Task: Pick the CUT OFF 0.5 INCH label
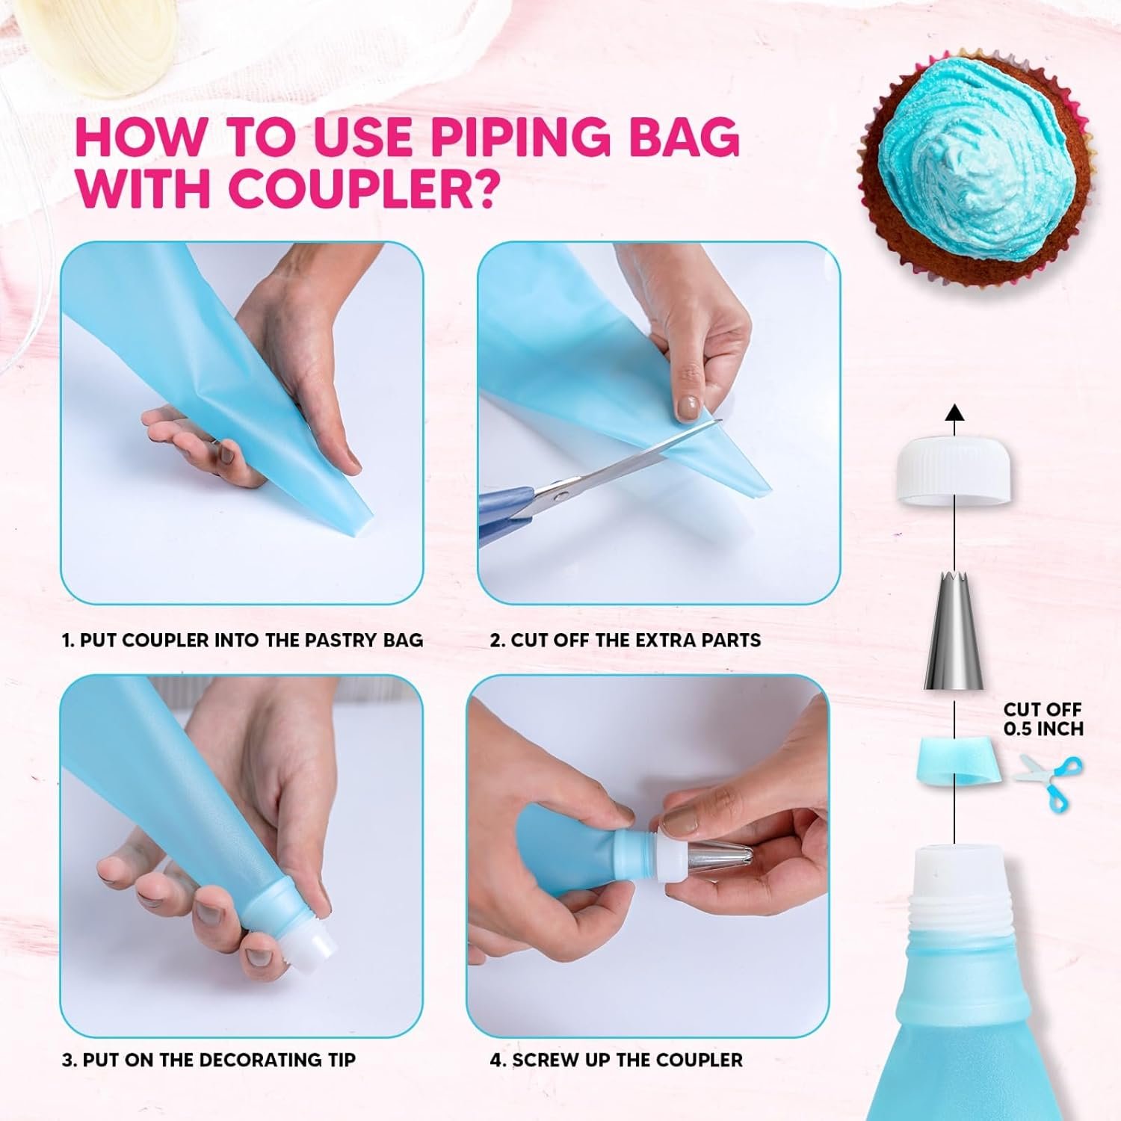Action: point(1043,719)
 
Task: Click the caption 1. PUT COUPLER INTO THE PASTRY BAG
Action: point(242,640)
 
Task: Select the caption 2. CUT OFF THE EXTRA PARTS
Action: point(625,640)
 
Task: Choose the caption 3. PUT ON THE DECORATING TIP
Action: point(209,1060)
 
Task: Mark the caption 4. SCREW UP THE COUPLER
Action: point(616,1060)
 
